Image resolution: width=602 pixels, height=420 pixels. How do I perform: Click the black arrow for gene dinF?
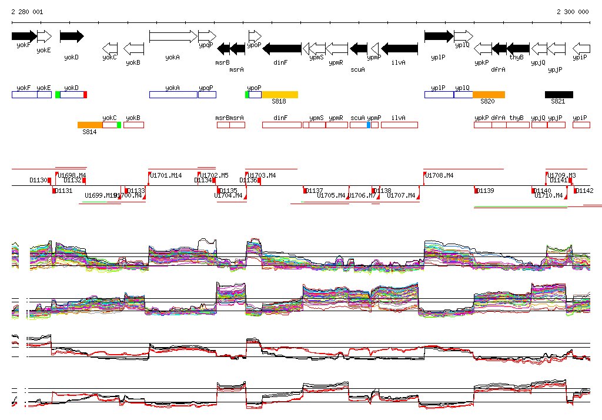coord(282,48)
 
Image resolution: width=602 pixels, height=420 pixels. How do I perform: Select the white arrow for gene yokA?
coord(173,36)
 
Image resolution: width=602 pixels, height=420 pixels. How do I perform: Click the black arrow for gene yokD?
coord(72,36)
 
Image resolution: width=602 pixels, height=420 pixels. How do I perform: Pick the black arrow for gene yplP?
coord(439,36)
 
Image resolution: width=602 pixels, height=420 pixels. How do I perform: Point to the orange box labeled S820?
coord(489,95)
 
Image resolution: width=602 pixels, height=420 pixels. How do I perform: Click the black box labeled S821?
coord(558,95)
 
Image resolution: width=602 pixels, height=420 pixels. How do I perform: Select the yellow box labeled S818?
coord(280,95)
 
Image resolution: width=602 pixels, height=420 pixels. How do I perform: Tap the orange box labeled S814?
coord(90,125)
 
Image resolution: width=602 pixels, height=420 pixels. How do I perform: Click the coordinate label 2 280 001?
coord(27,12)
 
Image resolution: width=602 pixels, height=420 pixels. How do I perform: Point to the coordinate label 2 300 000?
coord(573,12)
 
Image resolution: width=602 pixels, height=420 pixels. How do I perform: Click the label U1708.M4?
coord(440,175)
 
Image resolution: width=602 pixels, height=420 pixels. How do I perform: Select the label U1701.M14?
coord(166,175)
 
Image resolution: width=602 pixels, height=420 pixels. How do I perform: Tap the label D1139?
coord(485,191)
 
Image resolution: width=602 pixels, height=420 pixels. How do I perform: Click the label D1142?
coord(584,191)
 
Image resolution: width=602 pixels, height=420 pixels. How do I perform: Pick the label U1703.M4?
coord(262,175)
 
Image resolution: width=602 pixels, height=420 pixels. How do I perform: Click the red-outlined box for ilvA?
coord(399,125)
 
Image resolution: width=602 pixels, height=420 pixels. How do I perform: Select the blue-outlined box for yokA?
coord(173,95)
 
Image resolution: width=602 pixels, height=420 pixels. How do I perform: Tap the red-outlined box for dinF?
coord(282,125)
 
